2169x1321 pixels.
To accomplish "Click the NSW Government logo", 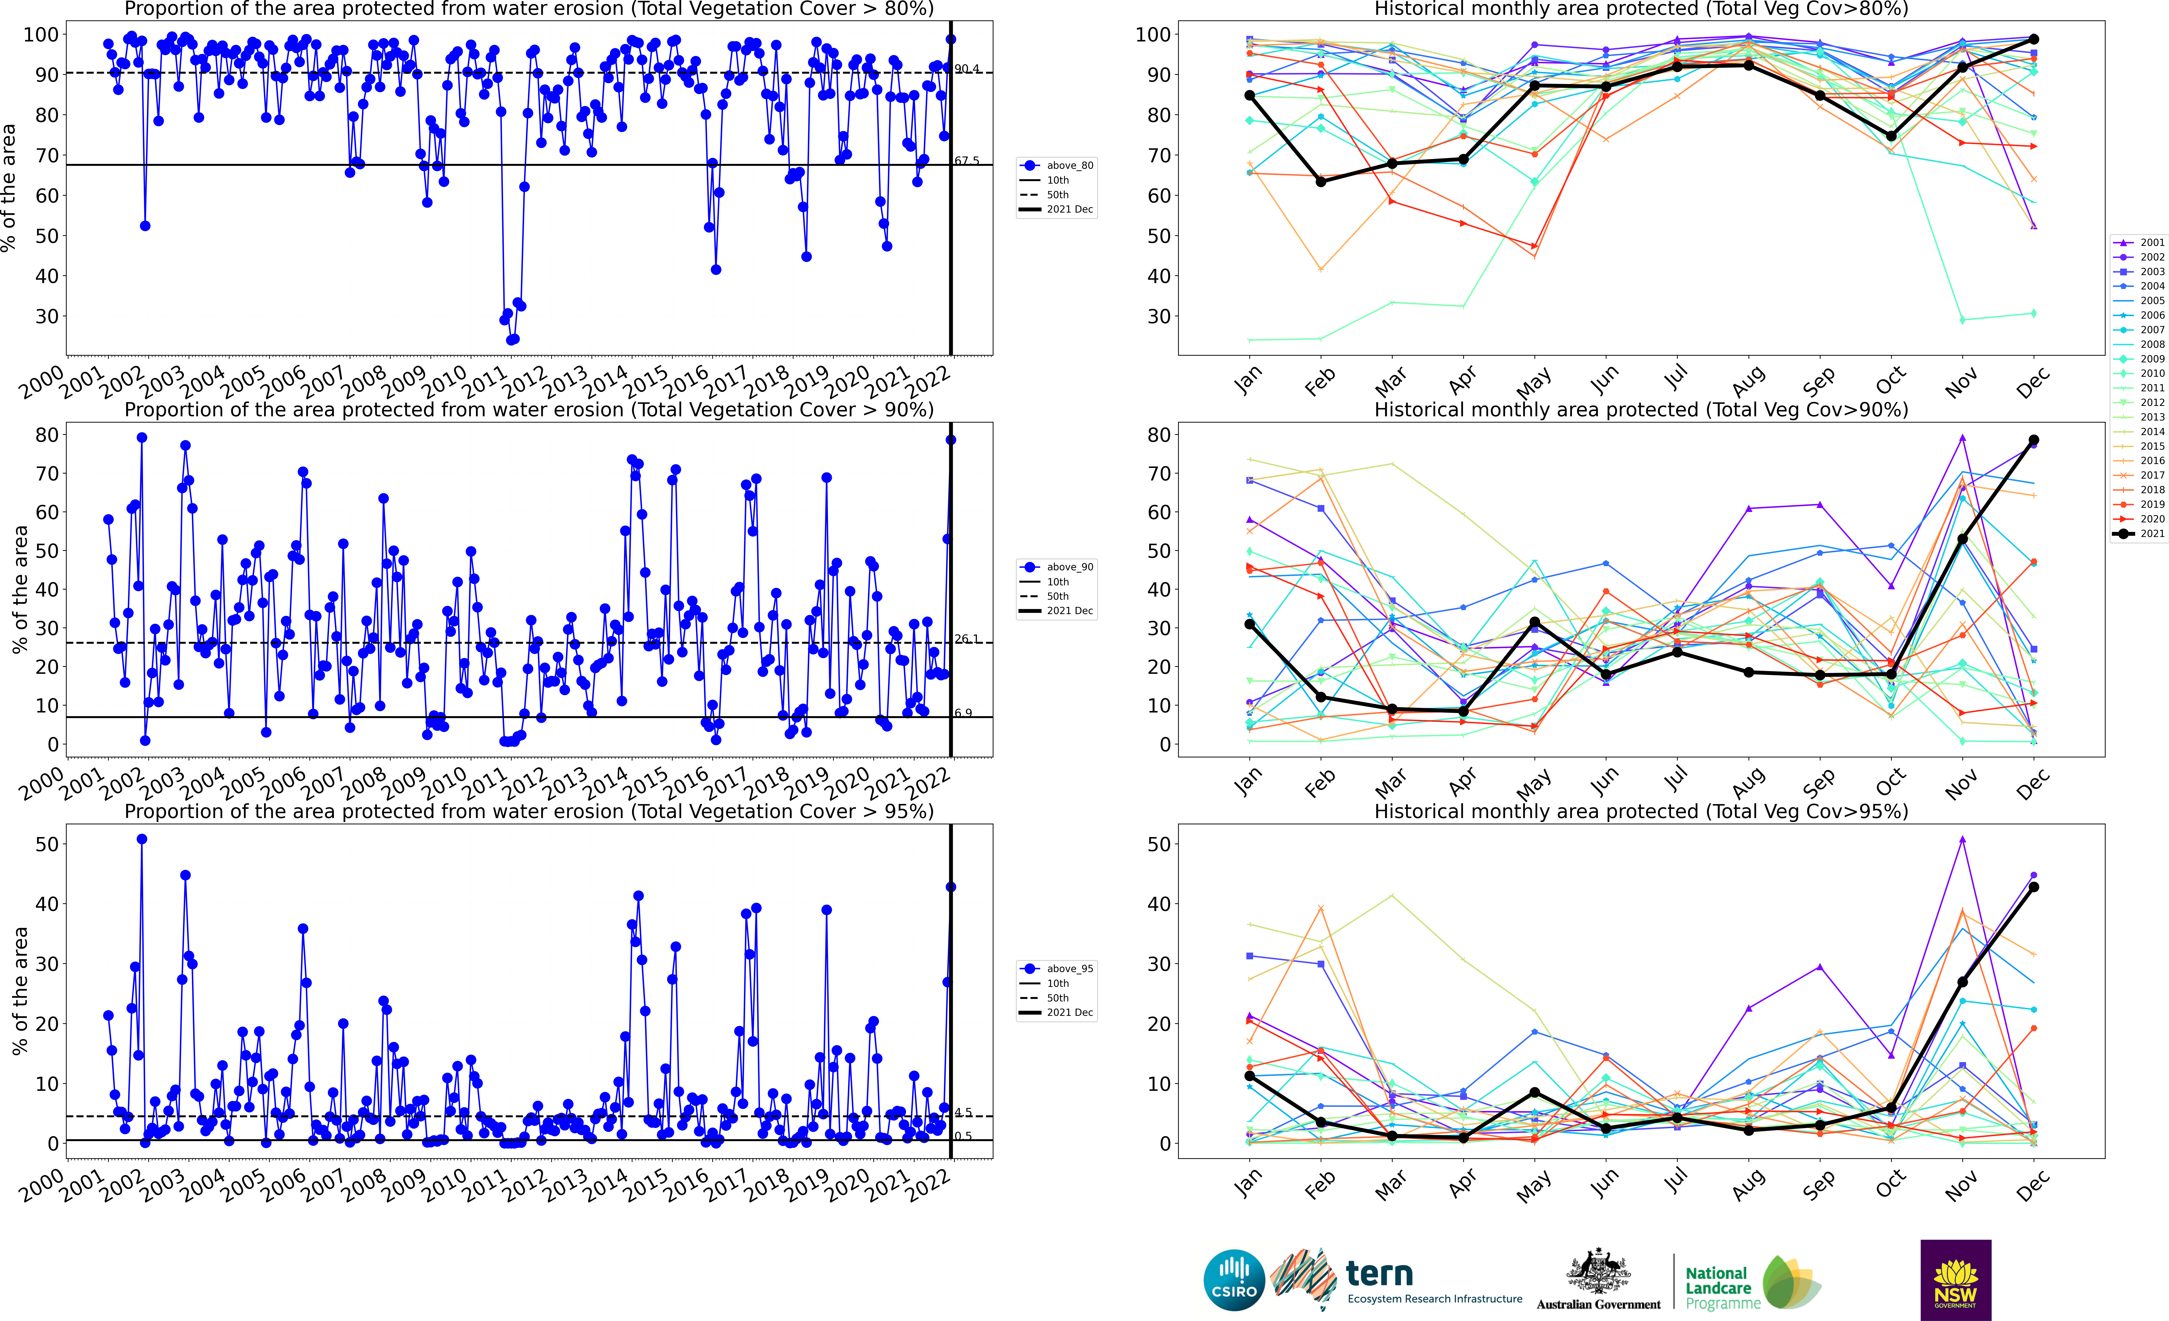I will [1955, 1280].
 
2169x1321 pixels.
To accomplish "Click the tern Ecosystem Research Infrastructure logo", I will [1400, 1280].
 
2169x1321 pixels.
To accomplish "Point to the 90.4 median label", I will [967, 69].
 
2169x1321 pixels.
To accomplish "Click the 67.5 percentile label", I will [967, 161].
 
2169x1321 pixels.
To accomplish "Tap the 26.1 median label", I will [967, 639].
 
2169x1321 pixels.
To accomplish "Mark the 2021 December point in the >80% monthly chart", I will [2033, 40].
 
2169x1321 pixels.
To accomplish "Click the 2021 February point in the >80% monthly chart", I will [1320, 181].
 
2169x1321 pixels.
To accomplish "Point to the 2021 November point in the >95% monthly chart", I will [1962, 982].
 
